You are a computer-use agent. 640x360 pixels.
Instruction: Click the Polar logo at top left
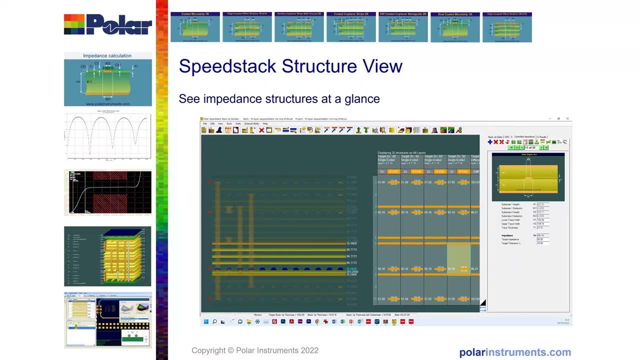107,24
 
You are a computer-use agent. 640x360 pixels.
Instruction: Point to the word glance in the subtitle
362,99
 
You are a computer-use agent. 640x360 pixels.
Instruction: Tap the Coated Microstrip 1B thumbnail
195,27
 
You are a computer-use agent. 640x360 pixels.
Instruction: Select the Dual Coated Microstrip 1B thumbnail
455,27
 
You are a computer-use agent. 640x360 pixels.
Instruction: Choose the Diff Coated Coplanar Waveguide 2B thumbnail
403,27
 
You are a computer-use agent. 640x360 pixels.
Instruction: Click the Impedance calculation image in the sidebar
107,79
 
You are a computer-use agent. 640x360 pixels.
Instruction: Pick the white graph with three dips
107,136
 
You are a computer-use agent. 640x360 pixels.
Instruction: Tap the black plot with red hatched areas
107,192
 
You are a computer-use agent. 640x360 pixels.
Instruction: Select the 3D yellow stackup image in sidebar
107,256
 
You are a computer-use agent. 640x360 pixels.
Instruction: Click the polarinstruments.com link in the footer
515,352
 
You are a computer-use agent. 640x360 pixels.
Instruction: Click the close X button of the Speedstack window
567,119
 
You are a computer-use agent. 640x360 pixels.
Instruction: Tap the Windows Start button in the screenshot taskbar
205,321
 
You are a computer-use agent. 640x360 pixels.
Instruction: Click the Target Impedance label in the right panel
511,239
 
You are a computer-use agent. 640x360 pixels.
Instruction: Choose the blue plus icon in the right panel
490,142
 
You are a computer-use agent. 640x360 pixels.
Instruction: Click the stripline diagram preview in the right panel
528,177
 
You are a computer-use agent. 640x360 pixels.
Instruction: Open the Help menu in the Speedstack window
265,123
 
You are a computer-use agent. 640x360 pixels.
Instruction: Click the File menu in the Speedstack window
204,123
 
